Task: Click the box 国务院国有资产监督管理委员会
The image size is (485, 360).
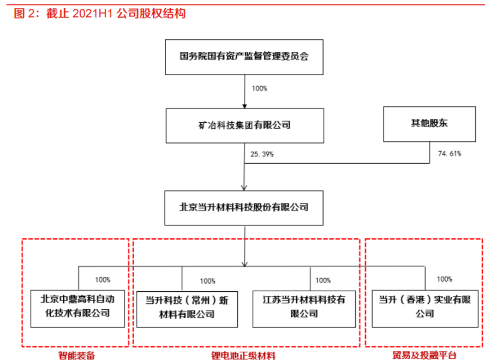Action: pyautogui.click(x=244, y=56)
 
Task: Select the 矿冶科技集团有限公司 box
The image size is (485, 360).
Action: pyautogui.click(x=244, y=125)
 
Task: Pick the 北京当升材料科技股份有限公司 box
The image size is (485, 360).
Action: pyautogui.click(x=244, y=207)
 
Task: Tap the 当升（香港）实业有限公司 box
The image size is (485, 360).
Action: pyautogui.click(x=424, y=307)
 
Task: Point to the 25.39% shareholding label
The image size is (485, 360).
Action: pyautogui.click(x=262, y=154)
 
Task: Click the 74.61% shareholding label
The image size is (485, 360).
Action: pyautogui.click(x=450, y=154)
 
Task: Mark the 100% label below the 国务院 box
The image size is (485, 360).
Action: pyautogui.click(x=259, y=88)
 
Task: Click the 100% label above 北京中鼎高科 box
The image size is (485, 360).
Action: pyautogui.click(x=103, y=279)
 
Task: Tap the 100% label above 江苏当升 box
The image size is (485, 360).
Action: pyautogui.click(x=323, y=280)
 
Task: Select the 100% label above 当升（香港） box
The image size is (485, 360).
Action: pyautogui.click(x=444, y=279)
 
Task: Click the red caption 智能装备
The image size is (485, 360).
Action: pyautogui.click(x=77, y=355)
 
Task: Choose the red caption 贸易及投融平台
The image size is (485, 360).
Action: pyautogui.click(x=424, y=355)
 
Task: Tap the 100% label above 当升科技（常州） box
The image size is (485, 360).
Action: pyautogui.click(x=207, y=281)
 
